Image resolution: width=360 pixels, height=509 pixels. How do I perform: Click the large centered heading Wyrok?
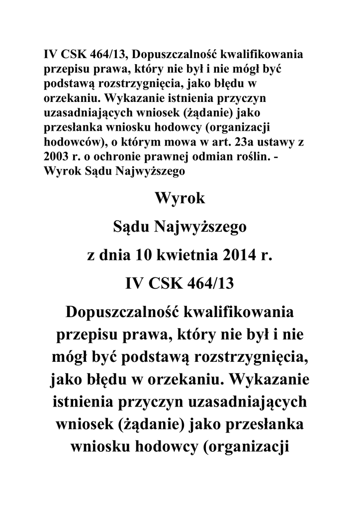coord(180,199)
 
